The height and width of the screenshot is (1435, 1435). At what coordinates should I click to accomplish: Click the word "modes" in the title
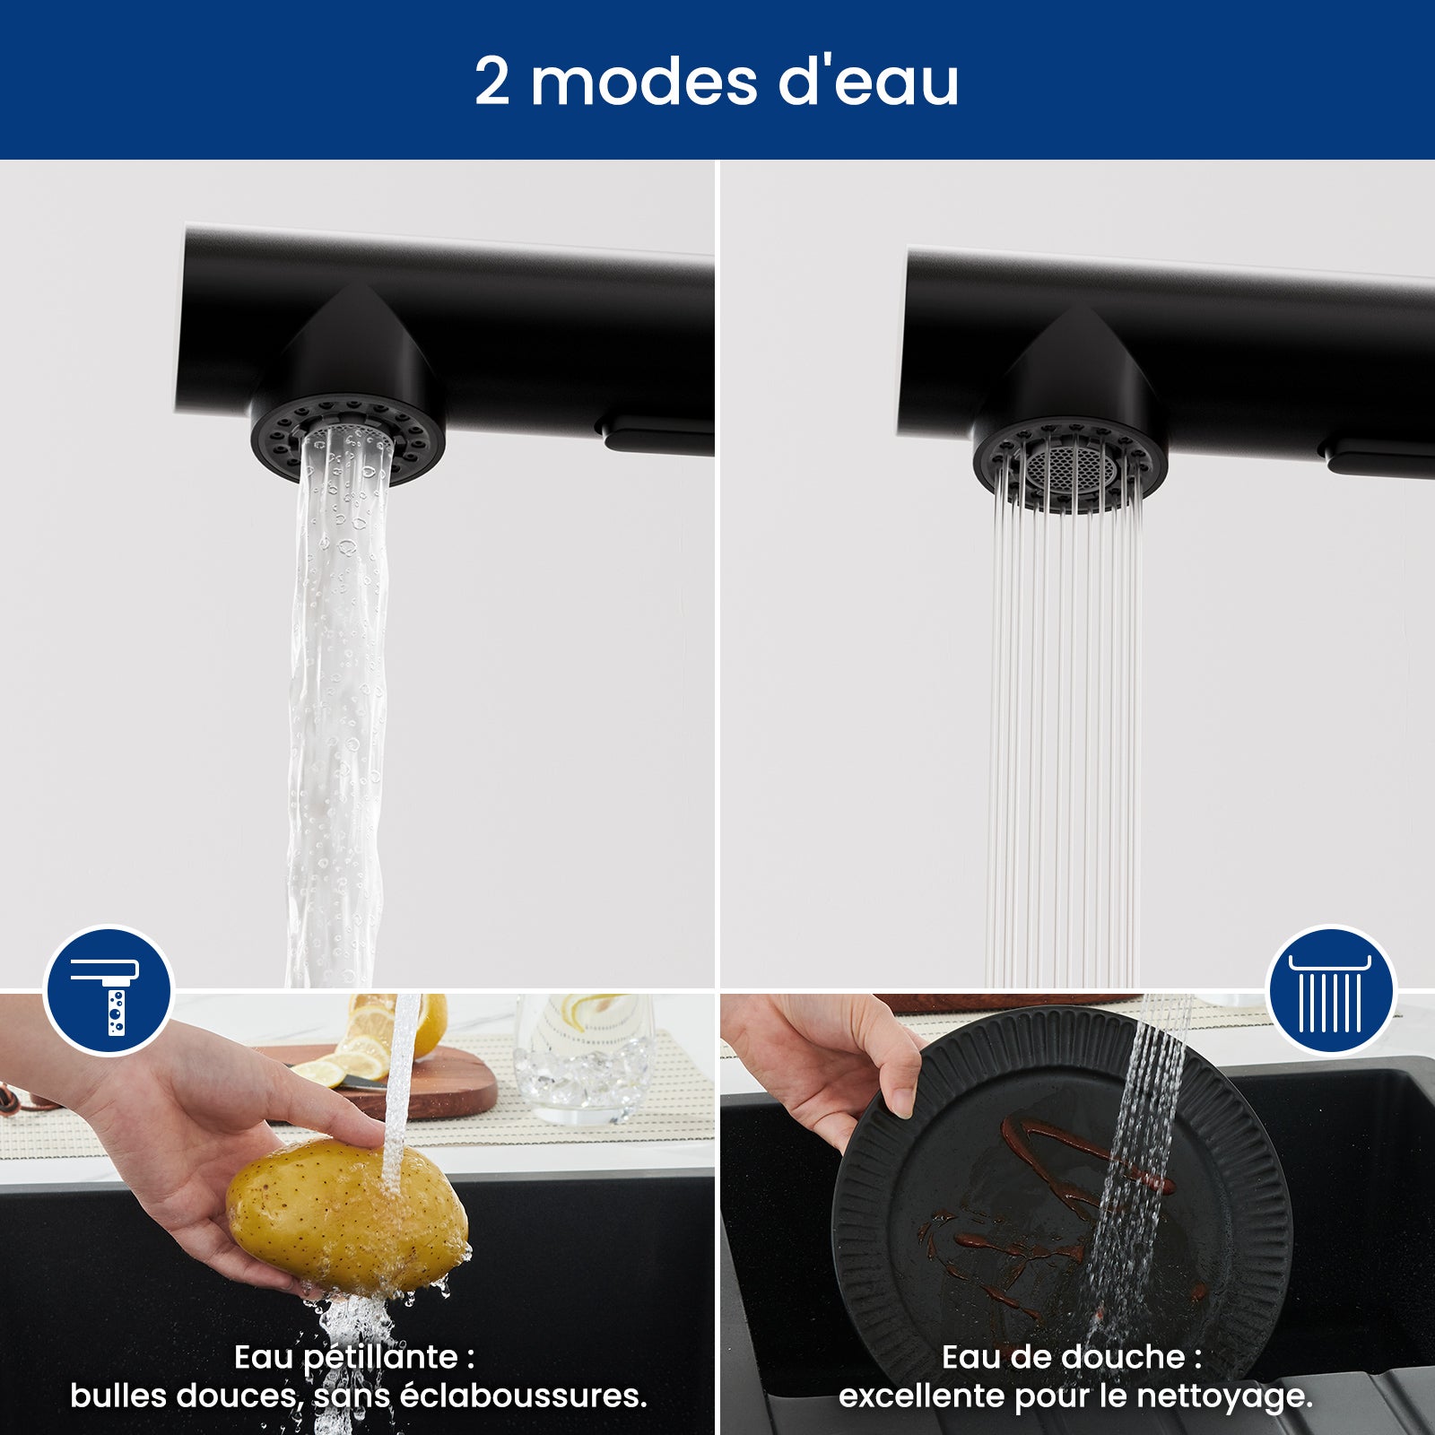(x=644, y=83)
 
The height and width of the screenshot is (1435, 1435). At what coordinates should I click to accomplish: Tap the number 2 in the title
(x=492, y=83)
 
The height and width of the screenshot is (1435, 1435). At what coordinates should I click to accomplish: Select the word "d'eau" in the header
(x=867, y=83)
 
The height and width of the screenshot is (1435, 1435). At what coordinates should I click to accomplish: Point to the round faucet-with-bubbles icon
(x=109, y=990)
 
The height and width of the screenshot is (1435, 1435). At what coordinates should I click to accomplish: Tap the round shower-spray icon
(x=1330, y=990)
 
